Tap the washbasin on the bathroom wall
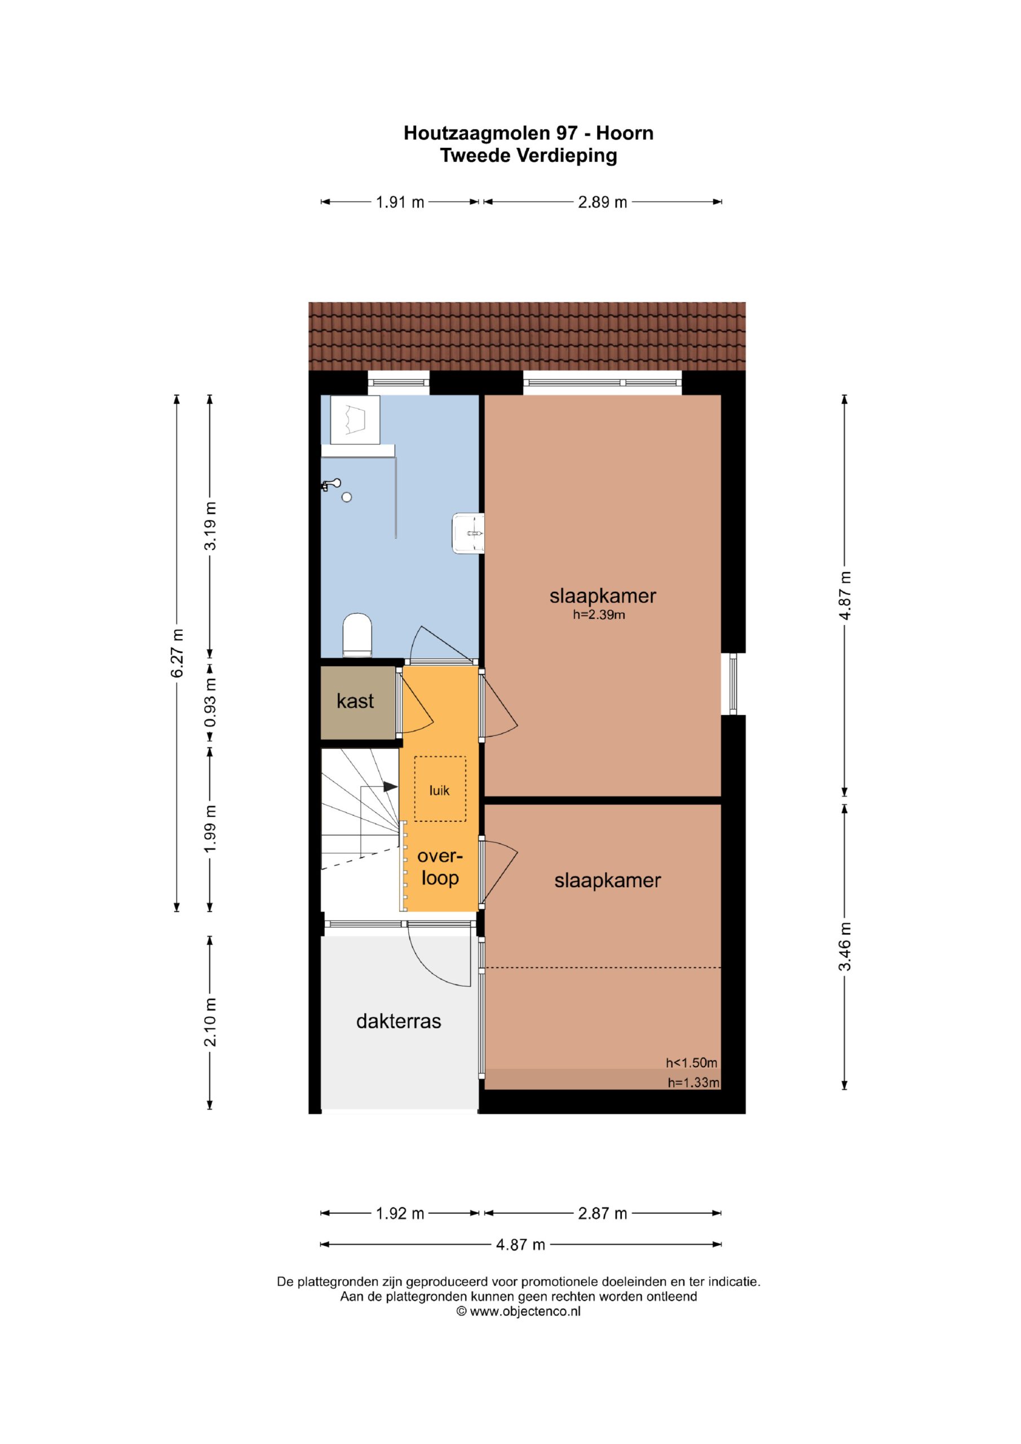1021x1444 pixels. point(468,534)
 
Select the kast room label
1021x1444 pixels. point(355,701)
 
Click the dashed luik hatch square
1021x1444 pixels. point(440,789)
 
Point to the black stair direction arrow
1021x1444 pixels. point(391,787)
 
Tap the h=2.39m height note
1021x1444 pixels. point(599,615)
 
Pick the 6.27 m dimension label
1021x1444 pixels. point(178,653)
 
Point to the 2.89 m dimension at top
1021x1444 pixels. point(602,202)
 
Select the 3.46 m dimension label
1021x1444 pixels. point(845,946)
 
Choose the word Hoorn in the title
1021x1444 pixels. point(624,133)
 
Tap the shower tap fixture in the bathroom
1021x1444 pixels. point(332,485)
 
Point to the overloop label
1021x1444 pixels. point(440,866)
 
